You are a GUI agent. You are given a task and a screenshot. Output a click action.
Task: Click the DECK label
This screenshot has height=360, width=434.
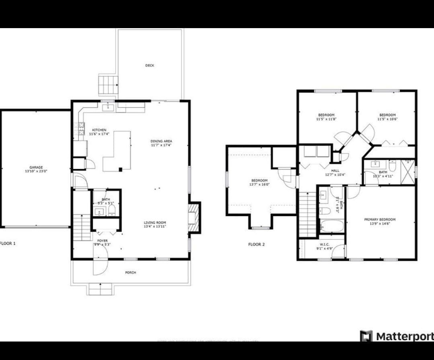(x=149, y=65)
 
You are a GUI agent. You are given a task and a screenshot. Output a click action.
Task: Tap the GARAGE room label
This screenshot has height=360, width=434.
(x=36, y=168)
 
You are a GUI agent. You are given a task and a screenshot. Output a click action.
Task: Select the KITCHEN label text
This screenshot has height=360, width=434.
(x=99, y=130)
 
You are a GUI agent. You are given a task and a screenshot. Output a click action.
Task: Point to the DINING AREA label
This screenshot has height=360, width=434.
(x=161, y=141)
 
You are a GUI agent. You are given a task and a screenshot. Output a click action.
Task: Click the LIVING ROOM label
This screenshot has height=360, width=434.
(x=155, y=223)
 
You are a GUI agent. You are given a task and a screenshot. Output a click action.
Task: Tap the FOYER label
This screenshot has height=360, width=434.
(x=102, y=241)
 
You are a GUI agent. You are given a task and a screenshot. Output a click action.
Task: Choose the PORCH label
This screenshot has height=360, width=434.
(x=130, y=272)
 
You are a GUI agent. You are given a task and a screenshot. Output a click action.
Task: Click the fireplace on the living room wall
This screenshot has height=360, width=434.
(x=194, y=217)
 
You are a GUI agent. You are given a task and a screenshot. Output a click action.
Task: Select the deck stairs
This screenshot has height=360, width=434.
(x=108, y=84)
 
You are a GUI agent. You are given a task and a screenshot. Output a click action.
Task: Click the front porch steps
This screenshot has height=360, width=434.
(x=100, y=289)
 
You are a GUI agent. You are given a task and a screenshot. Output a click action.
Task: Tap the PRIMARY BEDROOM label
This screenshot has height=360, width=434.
(x=379, y=219)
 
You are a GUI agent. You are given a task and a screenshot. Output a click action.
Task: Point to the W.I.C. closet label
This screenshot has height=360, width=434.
(x=324, y=244)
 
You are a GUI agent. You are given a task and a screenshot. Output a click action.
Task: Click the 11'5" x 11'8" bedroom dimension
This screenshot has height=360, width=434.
(x=326, y=119)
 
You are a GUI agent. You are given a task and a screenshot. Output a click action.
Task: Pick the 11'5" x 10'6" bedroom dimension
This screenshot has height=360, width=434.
(x=387, y=119)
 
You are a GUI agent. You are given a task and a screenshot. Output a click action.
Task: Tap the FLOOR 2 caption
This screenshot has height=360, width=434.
(x=256, y=244)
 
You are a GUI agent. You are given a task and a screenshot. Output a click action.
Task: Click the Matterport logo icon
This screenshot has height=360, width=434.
(x=366, y=336)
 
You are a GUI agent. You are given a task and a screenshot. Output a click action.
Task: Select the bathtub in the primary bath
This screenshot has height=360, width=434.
(x=332, y=226)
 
